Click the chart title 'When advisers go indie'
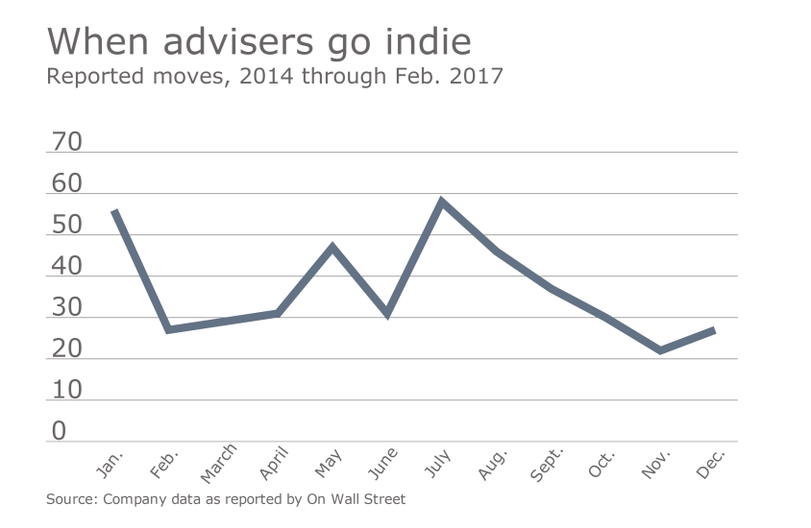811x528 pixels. (258, 42)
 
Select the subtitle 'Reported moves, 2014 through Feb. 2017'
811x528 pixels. (275, 76)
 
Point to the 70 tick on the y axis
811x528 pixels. (66, 143)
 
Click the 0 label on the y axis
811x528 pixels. (60, 432)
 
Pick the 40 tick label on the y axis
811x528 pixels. (66, 267)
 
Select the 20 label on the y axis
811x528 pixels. (66, 349)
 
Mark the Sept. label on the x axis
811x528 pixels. (548, 464)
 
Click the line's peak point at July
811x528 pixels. (441, 202)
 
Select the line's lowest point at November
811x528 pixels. (660, 350)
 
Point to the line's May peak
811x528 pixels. (332, 247)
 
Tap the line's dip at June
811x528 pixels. (387, 313)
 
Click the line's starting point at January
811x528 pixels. (114, 211)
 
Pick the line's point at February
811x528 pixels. (169, 329)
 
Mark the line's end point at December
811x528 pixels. (713, 330)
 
